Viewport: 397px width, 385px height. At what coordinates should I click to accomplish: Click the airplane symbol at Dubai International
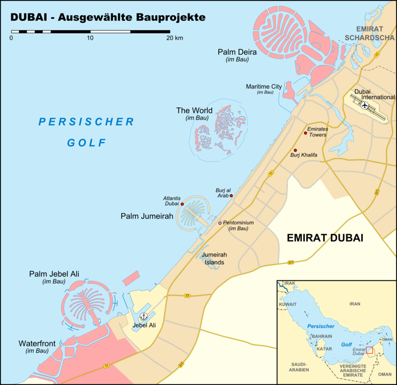pyautogui.click(x=365, y=105)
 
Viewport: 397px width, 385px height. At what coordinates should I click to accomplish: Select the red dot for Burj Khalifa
pyautogui.click(x=295, y=150)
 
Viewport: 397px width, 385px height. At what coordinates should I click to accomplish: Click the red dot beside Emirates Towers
pyautogui.click(x=305, y=133)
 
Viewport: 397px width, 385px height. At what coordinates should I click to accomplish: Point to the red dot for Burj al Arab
pyautogui.click(x=231, y=195)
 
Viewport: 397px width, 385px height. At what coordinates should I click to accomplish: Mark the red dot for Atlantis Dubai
pyautogui.click(x=182, y=204)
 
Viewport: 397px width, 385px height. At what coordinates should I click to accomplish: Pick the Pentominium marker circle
pyautogui.click(x=220, y=223)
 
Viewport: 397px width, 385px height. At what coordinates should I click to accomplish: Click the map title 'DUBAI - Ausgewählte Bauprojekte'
pyautogui.click(x=108, y=17)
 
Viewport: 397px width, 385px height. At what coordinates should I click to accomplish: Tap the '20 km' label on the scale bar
pyautogui.click(x=175, y=38)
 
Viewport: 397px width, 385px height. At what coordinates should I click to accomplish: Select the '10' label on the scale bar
pyautogui.click(x=90, y=38)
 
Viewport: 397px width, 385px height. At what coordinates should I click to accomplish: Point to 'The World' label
pyautogui.click(x=195, y=110)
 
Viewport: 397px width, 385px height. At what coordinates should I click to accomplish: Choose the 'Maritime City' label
pyautogui.click(x=264, y=86)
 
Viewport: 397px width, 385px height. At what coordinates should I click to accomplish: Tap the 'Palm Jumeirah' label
pyautogui.click(x=147, y=216)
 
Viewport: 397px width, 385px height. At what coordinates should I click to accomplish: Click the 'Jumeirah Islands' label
pyautogui.click(x=215, y=259)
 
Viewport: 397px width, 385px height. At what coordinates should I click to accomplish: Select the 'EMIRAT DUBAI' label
pyautogui.click(x=325, y=238)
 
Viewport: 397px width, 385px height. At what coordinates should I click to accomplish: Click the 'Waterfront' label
pyautogui.click(x=38, y=343)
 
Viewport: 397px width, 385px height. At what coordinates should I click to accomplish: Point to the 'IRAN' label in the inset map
pyautogui.click(x=355, y=304)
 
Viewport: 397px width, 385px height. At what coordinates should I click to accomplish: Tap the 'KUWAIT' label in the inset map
pyautogui.click(x=288, y=304)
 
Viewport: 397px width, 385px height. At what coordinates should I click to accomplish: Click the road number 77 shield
pyautogui.click(x=187, y=296)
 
